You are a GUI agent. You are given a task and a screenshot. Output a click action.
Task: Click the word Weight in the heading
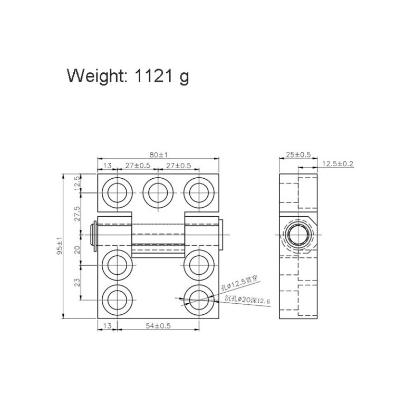95,76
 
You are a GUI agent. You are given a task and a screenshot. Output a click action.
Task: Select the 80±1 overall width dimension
158,155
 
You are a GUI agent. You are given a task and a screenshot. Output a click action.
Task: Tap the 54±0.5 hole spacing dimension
158,326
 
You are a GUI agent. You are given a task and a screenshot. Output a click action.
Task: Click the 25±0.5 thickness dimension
299,155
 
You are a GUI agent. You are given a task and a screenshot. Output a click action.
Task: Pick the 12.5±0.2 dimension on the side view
337,164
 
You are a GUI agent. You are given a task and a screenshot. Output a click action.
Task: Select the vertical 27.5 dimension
78,215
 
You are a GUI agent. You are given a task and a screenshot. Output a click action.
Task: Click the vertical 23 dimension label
78,283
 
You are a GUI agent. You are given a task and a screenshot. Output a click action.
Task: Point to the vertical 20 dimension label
78,249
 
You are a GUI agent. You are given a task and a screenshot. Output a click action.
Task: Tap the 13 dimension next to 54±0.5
107,326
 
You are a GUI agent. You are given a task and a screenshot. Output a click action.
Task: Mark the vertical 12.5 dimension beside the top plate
78,182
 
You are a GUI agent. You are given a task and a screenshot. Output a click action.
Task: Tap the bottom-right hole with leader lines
199,299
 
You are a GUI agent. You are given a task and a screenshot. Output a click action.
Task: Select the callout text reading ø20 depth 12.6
247,300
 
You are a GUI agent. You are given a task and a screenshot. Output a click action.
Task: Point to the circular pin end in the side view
298,233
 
